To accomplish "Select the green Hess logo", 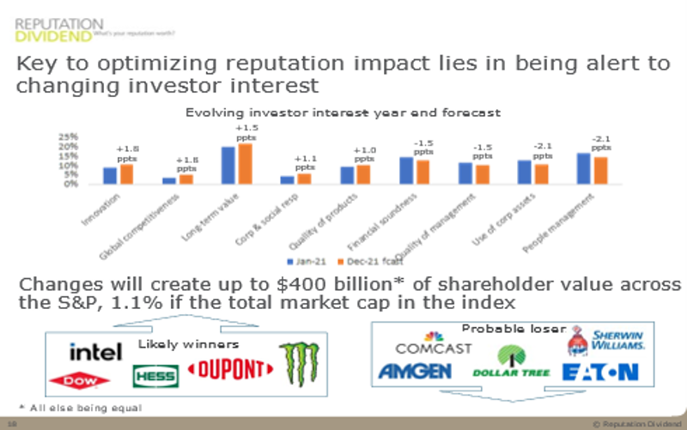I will pos(155,376).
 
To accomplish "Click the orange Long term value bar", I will pos(245,164).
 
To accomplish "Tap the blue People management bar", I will pos(584,168).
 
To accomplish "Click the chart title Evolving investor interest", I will pos(343,112).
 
